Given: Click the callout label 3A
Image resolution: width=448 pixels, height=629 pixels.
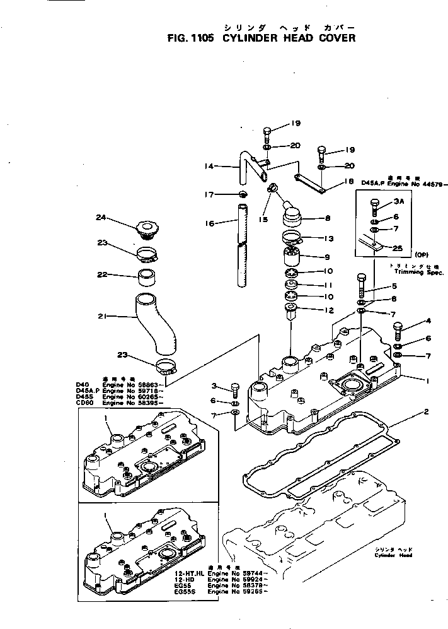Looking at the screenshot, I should (398, 202).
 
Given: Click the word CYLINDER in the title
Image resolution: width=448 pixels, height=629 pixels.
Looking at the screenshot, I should (248, 37).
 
